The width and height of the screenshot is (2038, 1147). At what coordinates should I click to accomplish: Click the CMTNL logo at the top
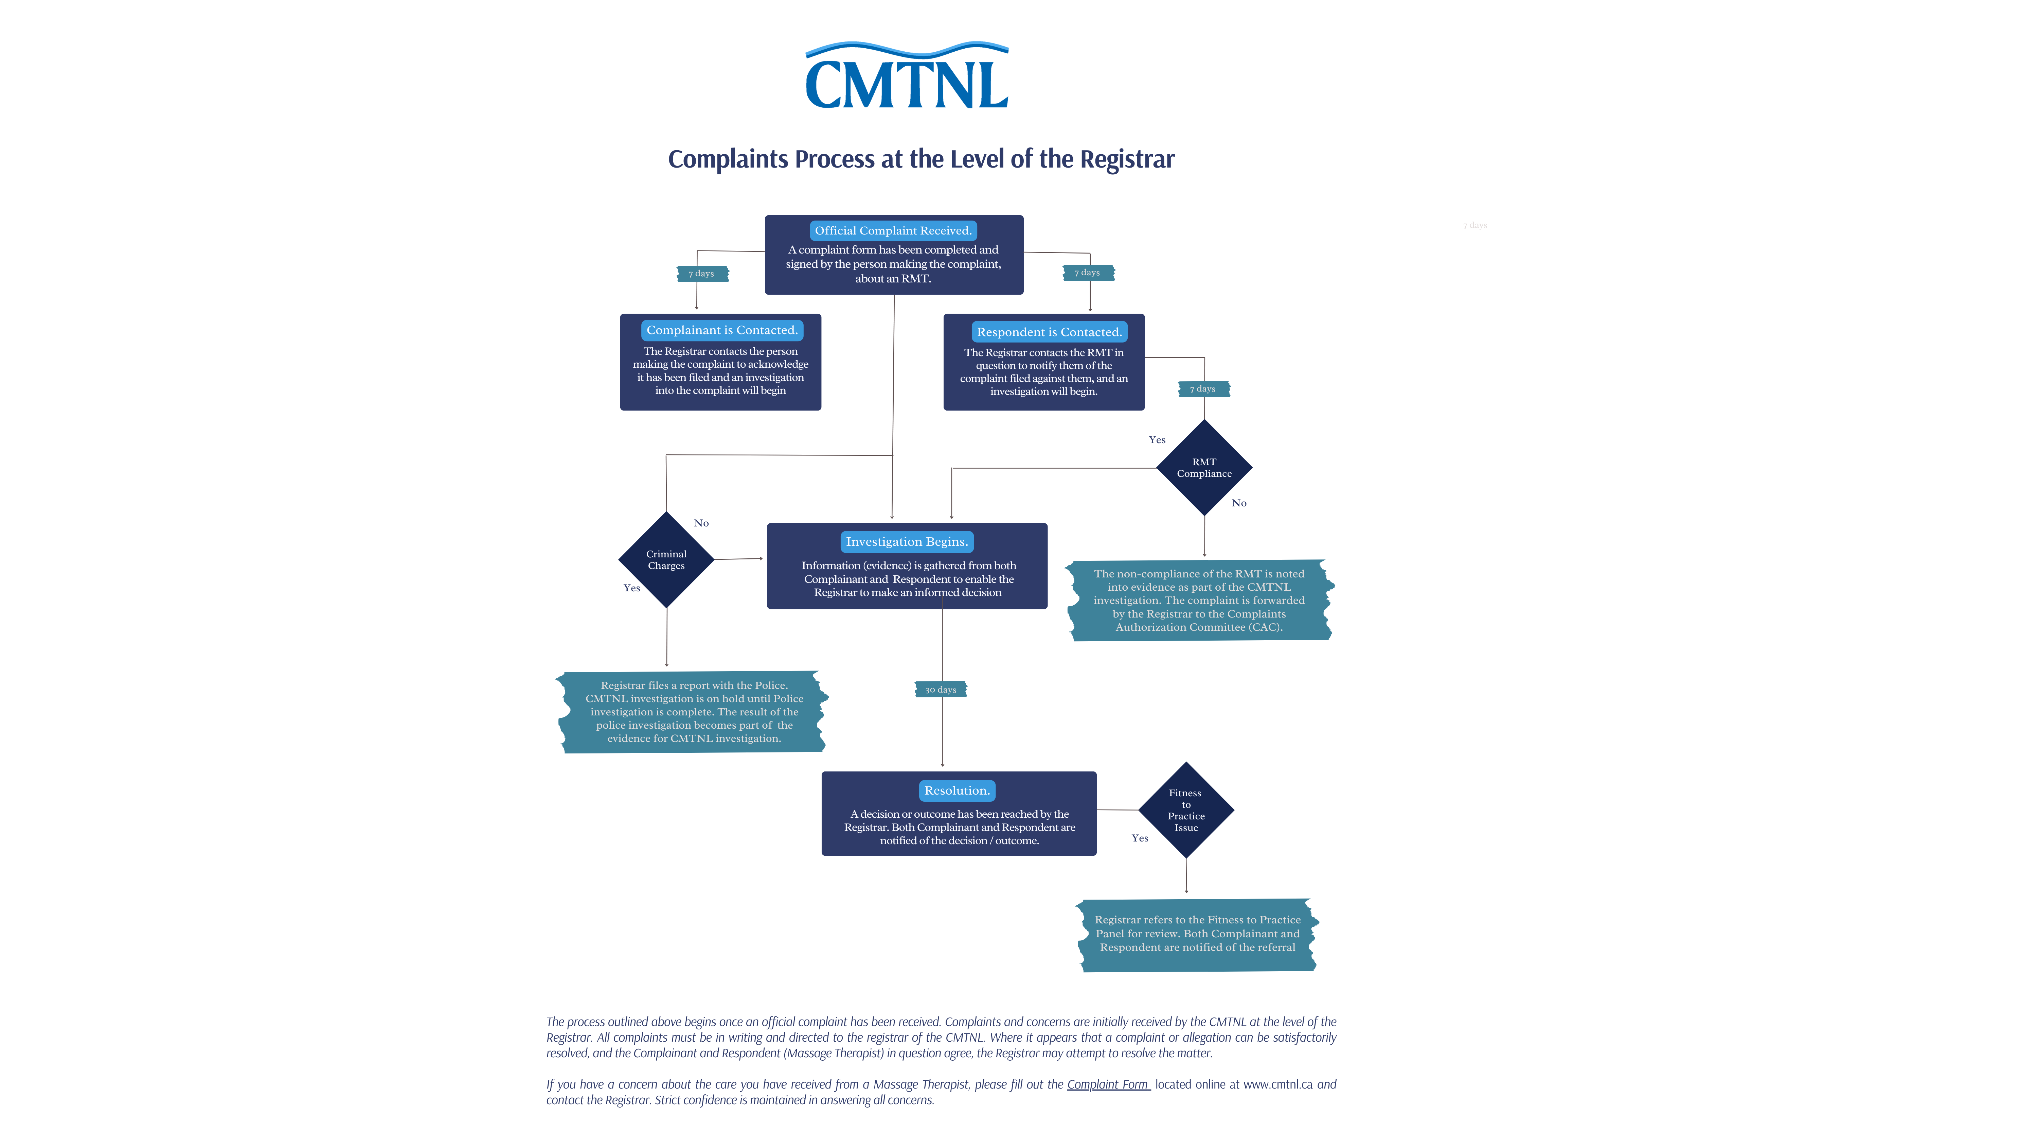pos(907,77)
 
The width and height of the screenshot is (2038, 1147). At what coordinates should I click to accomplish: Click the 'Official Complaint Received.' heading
pos(892,230)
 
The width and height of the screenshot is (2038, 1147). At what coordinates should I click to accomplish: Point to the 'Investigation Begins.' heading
pos(907,541)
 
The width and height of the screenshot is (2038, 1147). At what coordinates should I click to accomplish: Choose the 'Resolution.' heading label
pos(957,790)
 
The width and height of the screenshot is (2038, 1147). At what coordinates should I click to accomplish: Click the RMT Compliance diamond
pos(1204,468)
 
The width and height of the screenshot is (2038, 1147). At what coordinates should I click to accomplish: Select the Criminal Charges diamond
pos(666,560)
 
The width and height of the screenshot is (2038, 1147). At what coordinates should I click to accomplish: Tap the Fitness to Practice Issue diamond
pos(1186,810)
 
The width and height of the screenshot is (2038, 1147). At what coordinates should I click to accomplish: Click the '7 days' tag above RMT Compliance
pos(1202,389)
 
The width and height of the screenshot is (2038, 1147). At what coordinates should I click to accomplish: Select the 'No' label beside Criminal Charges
pos(701,523)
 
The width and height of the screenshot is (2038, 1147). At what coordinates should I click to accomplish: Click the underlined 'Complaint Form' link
pos(1108,1084)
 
